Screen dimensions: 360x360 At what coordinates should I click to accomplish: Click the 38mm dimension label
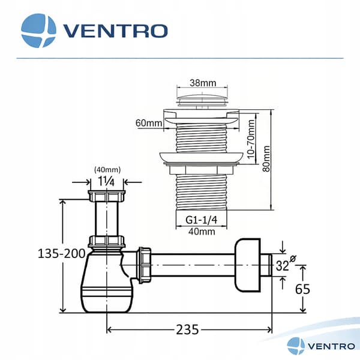203,83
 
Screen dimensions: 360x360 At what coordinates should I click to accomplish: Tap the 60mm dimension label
149,123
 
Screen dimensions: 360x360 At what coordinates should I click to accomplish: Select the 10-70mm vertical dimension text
251,139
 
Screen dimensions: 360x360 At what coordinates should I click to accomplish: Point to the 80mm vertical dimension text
266,158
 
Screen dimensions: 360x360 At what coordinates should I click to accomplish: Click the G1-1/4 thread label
202,220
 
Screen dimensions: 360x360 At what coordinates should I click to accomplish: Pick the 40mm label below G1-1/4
202,232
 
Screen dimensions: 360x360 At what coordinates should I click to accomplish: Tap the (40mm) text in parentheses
107,170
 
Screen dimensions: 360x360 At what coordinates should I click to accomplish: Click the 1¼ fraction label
106,181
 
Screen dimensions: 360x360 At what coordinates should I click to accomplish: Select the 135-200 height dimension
62,254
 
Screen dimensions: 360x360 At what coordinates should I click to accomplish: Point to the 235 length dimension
187,329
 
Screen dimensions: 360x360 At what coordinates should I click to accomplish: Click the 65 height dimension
302,289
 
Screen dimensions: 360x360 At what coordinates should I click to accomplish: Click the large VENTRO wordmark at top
115,31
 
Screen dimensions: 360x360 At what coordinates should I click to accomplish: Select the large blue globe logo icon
38,31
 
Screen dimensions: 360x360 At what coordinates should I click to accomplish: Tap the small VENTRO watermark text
331,346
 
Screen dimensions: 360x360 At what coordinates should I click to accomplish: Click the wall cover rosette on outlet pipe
247,265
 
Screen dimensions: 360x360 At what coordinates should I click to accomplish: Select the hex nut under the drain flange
202,170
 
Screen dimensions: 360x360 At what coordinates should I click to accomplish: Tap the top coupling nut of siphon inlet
107,196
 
